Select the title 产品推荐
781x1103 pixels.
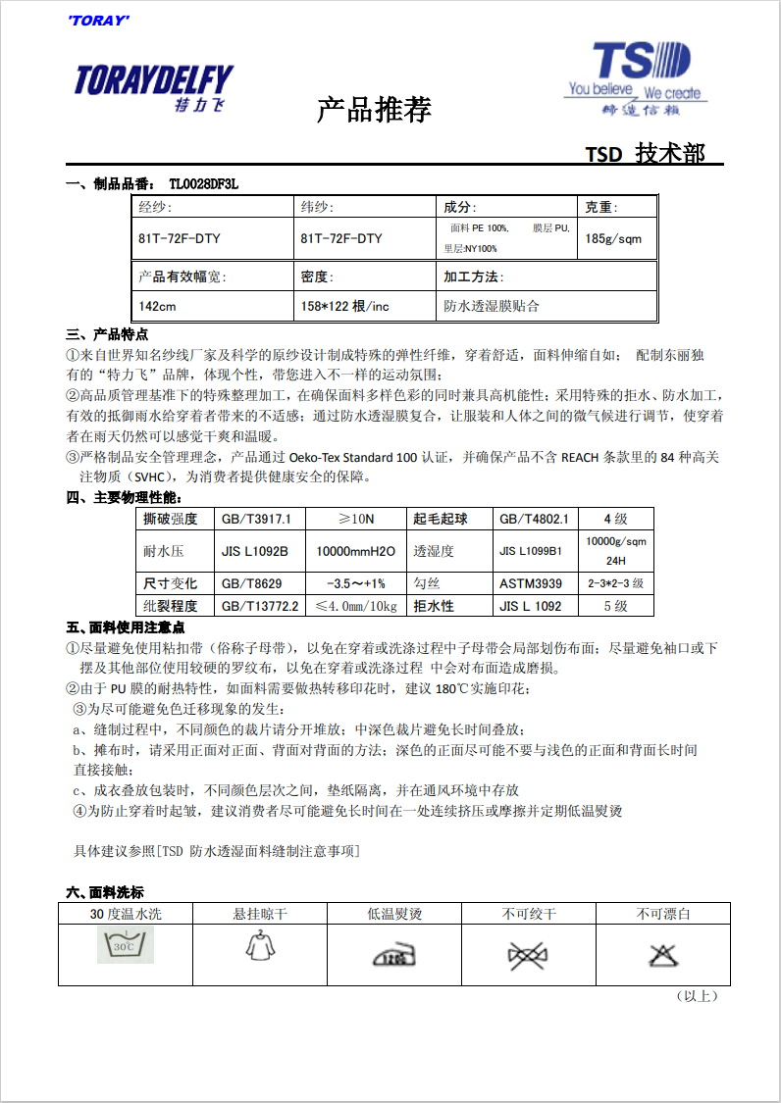pyautogui.click(x=374, y=110)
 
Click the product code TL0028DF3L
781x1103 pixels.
pyautogui.click(x=203, y=183)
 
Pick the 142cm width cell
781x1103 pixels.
pyautogui.click(x=158, y=306)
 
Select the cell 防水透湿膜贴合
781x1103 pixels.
pyautogui.click(x=492, y=306)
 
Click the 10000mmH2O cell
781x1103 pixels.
pyautogui.click(x=355, y=551)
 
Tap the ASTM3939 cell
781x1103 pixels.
pyautogui.click(x=531, y=583)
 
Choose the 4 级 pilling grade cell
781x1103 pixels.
pyautogui.click(x=615, y=519)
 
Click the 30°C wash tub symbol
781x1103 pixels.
pyautogui.click(x=124, y=946)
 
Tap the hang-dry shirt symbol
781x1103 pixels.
pyautogui.click(x=257, y=943)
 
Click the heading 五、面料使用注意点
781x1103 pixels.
pyautogui.click(x=125, y=627)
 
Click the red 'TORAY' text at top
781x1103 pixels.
pyautogui.click(x=99, y=21)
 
